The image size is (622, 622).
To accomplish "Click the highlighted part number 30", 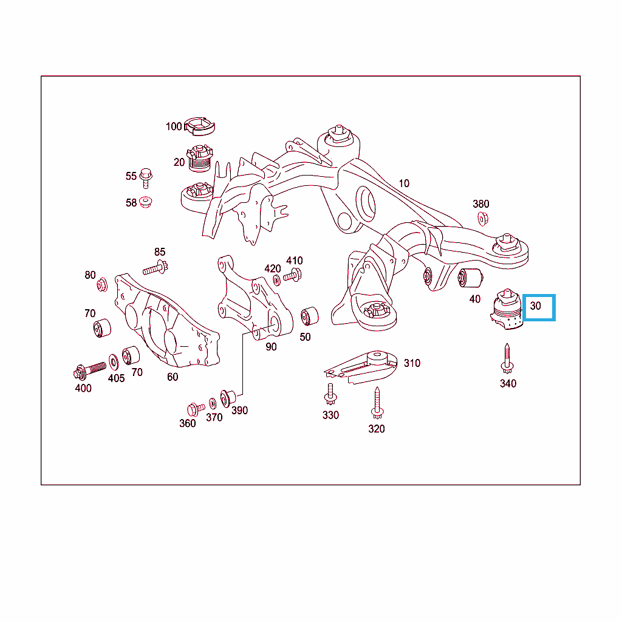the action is tap(535, 306).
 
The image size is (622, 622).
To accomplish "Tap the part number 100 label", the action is tap(174, 126).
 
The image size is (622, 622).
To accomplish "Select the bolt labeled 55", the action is tap(146, 178).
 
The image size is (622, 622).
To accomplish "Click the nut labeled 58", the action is tap(146, 202).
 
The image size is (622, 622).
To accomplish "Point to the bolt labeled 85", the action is tap(155, 268).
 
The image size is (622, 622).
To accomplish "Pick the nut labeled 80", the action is tap(102, 284).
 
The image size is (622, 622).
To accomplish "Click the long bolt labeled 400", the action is tap(90, 370).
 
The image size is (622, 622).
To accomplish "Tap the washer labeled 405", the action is tap(114, 362).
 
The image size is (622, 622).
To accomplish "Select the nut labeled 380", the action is tap(483, 219).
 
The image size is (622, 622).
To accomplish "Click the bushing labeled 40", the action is tap(471, 278).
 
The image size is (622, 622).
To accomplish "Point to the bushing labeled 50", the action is tap(309, 316).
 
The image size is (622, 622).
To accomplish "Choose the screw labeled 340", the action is tap(507, 358).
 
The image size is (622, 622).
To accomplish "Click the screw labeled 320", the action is tap(377, 403).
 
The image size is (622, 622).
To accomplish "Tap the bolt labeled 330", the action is tap(330, 394).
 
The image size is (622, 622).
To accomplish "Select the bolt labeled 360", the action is tap(196, 409).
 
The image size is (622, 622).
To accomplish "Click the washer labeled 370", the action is tap(213, 403).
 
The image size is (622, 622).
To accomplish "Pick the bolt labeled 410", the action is tap(293, 275).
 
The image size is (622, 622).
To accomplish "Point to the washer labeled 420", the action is tap(277, 280).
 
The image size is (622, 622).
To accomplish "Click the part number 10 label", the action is tap(404, 183).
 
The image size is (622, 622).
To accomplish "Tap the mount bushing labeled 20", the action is tap(199, 159).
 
